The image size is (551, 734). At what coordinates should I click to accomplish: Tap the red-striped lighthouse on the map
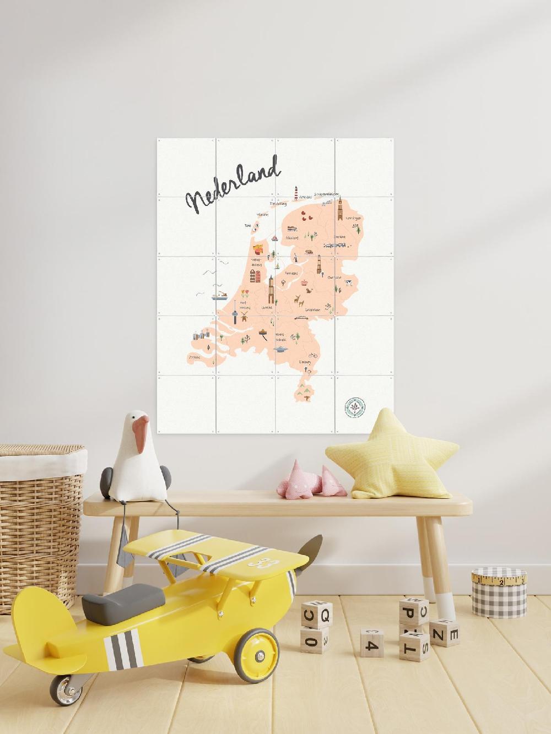click(296, 193)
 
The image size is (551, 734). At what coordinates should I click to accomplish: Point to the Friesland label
click(291, 238)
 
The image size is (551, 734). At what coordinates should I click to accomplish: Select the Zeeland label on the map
click(194, 357)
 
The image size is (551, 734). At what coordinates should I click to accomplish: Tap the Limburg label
click(305, 362)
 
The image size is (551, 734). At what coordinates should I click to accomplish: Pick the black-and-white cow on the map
click(349, 282)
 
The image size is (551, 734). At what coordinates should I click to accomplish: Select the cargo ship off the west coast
click(219, 296)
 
